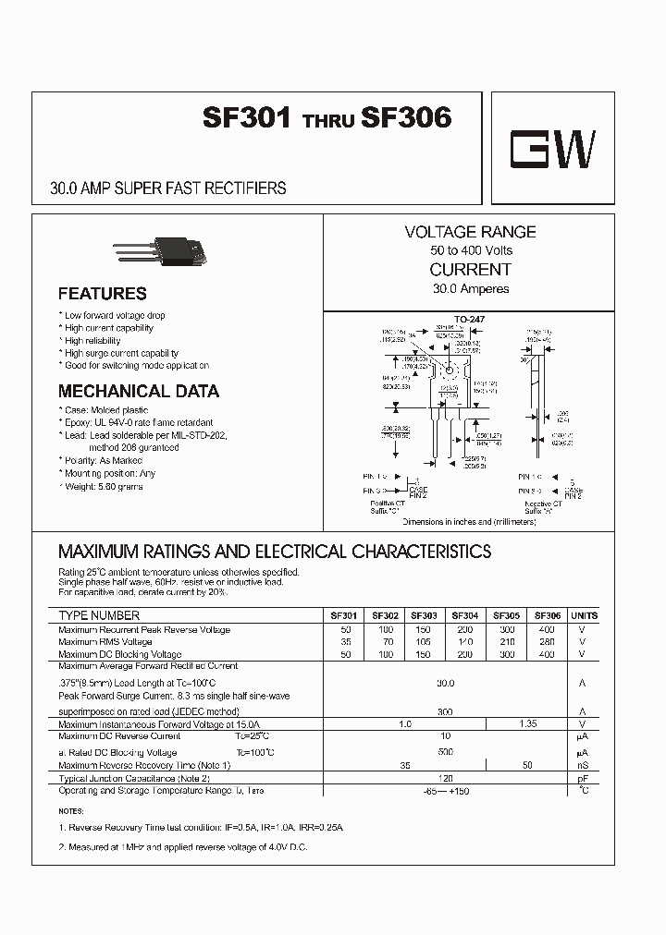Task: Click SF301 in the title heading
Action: (x=248, y=118)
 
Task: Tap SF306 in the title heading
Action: (x=406, y=118)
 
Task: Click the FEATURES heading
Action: (x=102, y=294)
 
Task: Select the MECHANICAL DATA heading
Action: (x=139, y=391)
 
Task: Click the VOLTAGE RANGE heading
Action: (x=470, y=232)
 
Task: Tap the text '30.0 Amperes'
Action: (x=470, y=288)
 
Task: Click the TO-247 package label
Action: (x=471, y=319)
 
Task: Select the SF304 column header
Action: (x=464, y=615)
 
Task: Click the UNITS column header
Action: (x=584, y=615)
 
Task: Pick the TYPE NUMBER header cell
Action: (x=99, y=615)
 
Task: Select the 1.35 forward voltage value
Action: (x=527, y=724)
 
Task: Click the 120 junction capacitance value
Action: (x=445, y=779)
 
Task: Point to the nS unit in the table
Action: (x=583, y=766)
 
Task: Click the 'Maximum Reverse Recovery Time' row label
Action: (x=143, y=766)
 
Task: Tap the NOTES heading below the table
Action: (x=70, y=811)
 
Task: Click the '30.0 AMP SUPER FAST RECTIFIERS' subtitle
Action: (x=167, y=188)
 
